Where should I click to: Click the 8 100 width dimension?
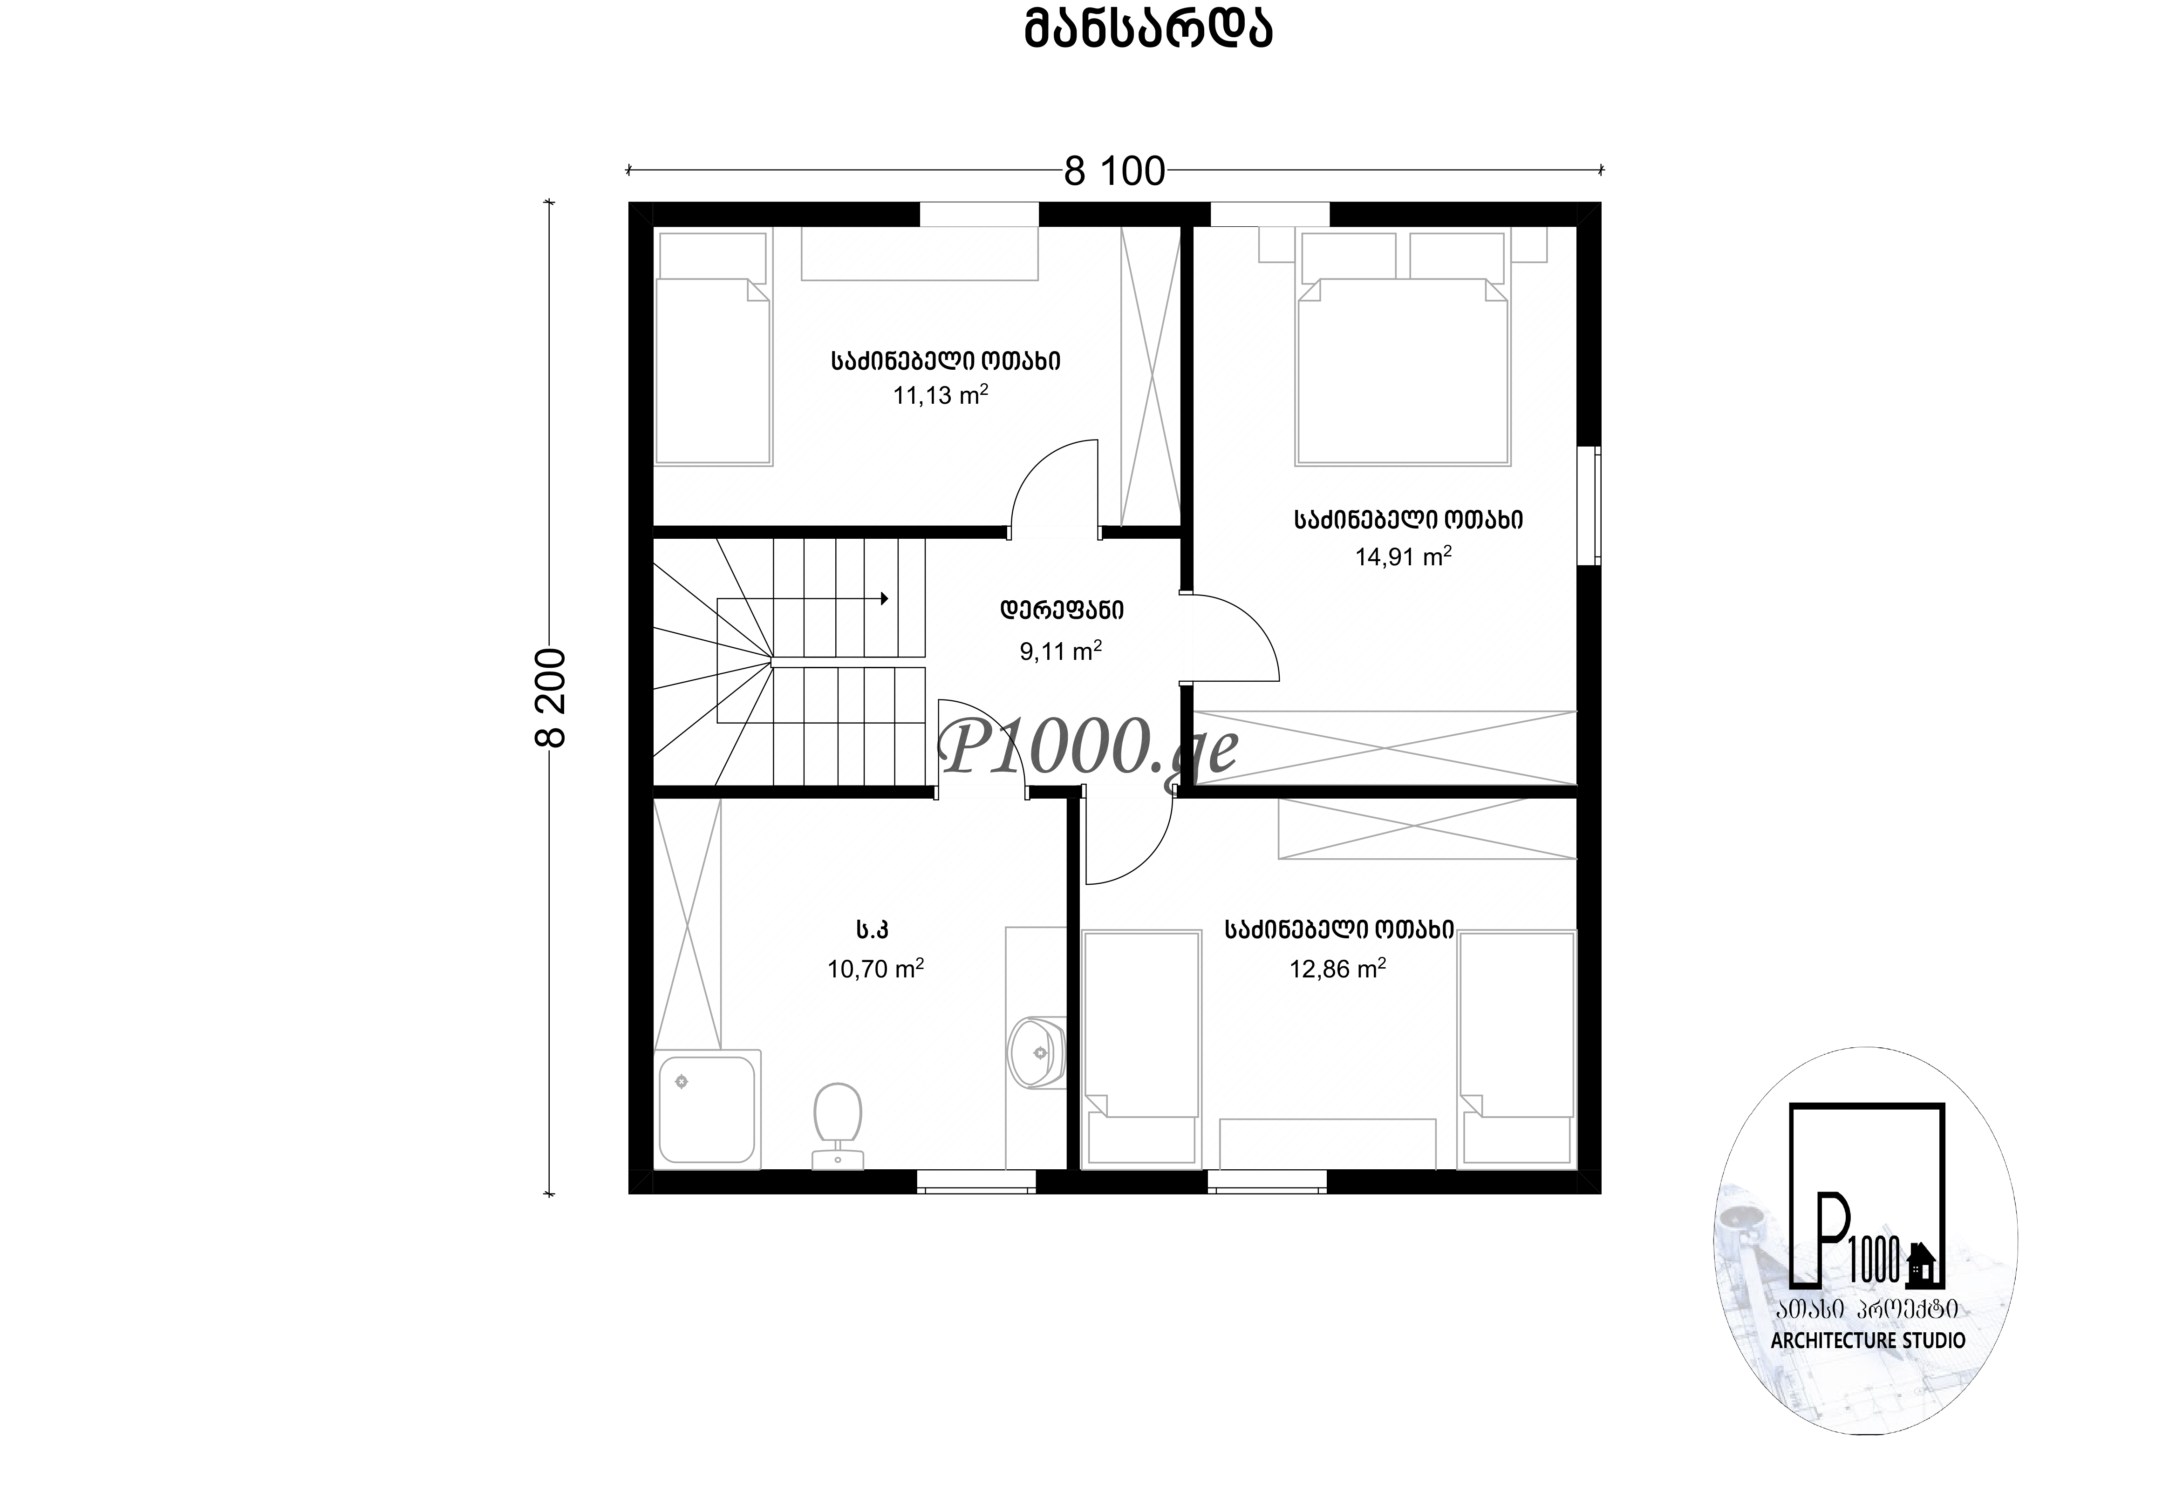point(1114,171)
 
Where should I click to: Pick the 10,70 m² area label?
point(876,968)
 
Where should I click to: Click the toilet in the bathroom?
point(838,1126)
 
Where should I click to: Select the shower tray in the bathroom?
point(708,1110)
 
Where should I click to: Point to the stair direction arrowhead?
point(884,599)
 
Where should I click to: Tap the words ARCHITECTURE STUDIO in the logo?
point(1868,1341)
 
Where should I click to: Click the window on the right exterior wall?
point(1592,506)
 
